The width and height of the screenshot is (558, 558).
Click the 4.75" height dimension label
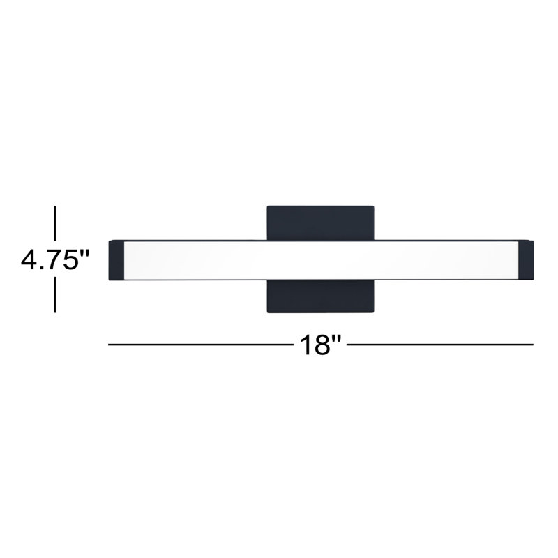coord(55,259)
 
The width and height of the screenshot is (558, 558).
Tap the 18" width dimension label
coord(320,344)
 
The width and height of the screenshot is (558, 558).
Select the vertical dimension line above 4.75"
coord(55,223)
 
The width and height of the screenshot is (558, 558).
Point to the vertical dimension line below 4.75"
coord(55,295)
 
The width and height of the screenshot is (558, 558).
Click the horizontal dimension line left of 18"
coord(200,345)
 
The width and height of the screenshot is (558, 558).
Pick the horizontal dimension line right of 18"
coord(440,345)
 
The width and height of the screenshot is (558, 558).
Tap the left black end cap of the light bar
coord(116,260)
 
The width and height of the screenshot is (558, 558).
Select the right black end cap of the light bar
coord(526,260)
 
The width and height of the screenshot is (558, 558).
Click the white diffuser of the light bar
coord(321,260)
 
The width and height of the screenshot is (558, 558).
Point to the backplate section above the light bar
coord(320,223)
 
